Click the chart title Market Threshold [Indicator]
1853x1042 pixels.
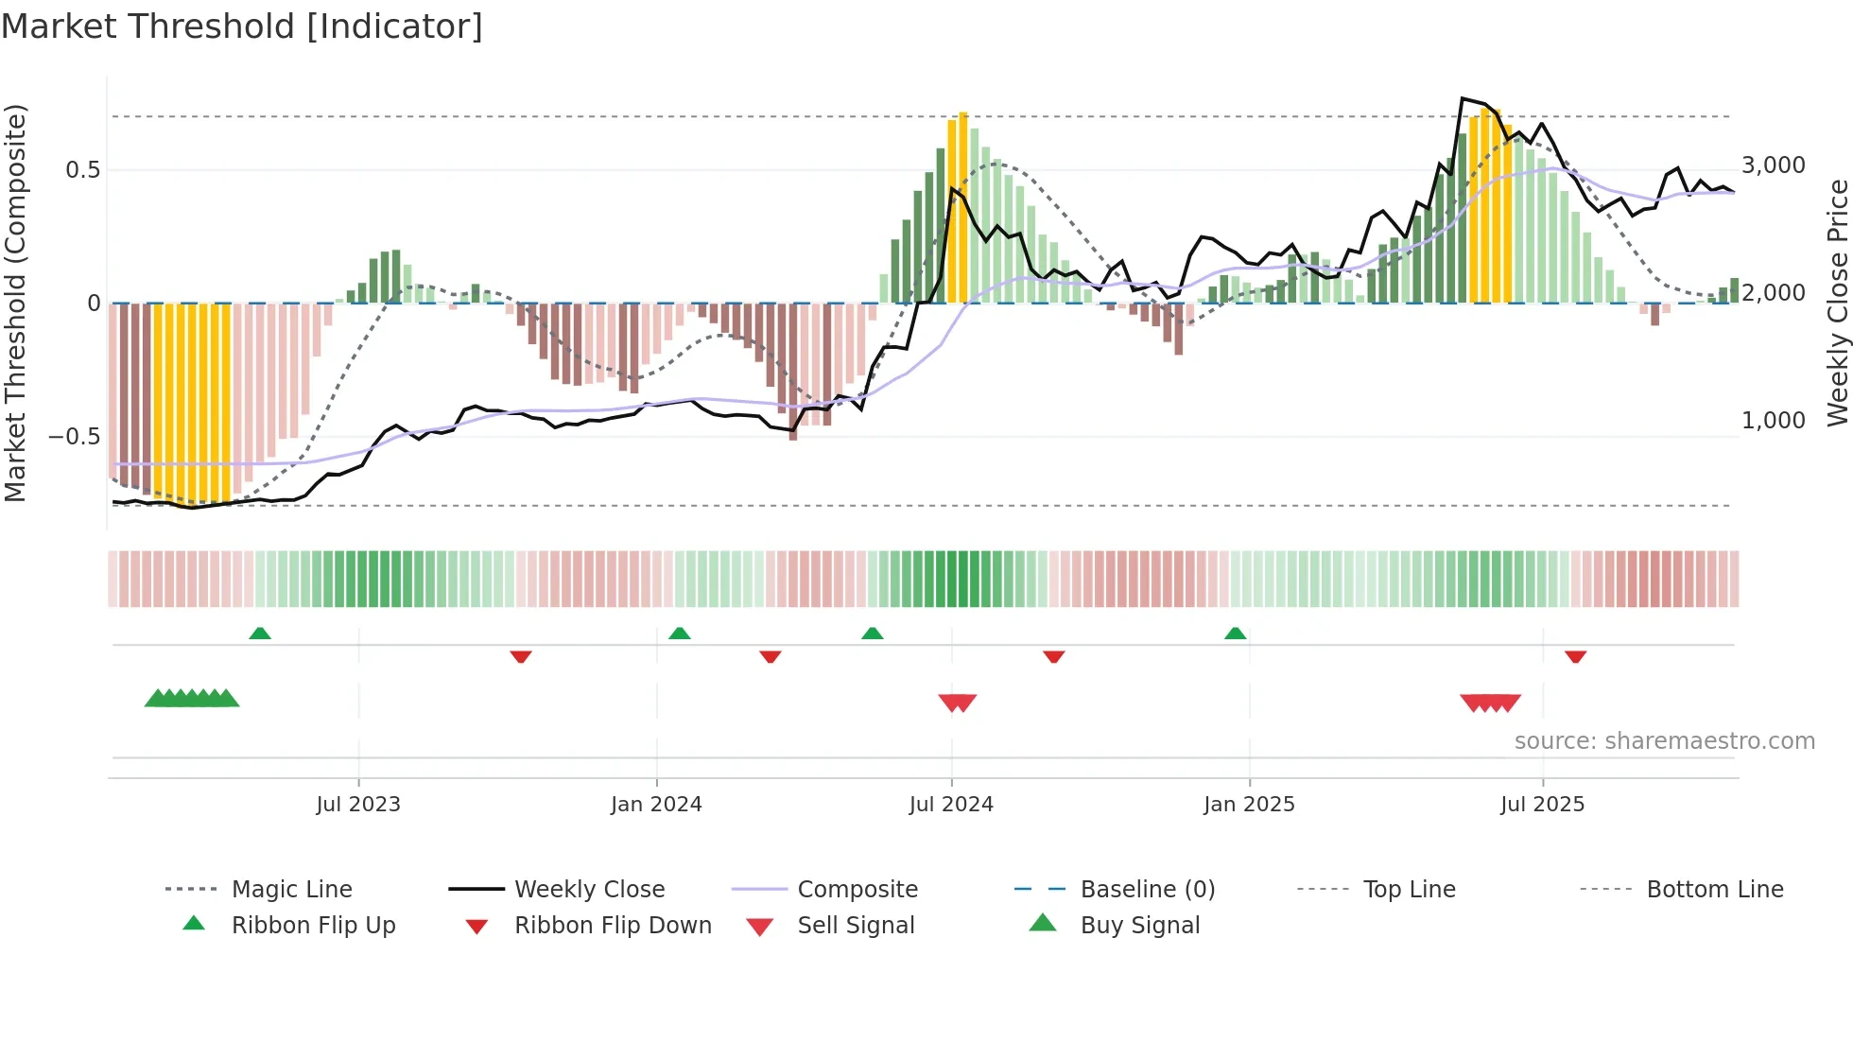click(242, 26)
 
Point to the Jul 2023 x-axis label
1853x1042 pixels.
click(358, 804)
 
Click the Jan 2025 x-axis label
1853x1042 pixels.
click(1249, 804)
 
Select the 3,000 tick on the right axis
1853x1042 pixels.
click(1774, 165)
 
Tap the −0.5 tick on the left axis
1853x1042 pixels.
click(75, 436)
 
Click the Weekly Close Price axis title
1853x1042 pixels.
click(1837, 303)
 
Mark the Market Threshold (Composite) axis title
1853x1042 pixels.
click(15, 303)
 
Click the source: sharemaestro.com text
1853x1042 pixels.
click(1664, 740)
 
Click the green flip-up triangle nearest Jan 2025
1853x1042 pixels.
click(1235, 633)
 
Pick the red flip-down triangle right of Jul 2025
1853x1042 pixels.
click(1575, 656)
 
